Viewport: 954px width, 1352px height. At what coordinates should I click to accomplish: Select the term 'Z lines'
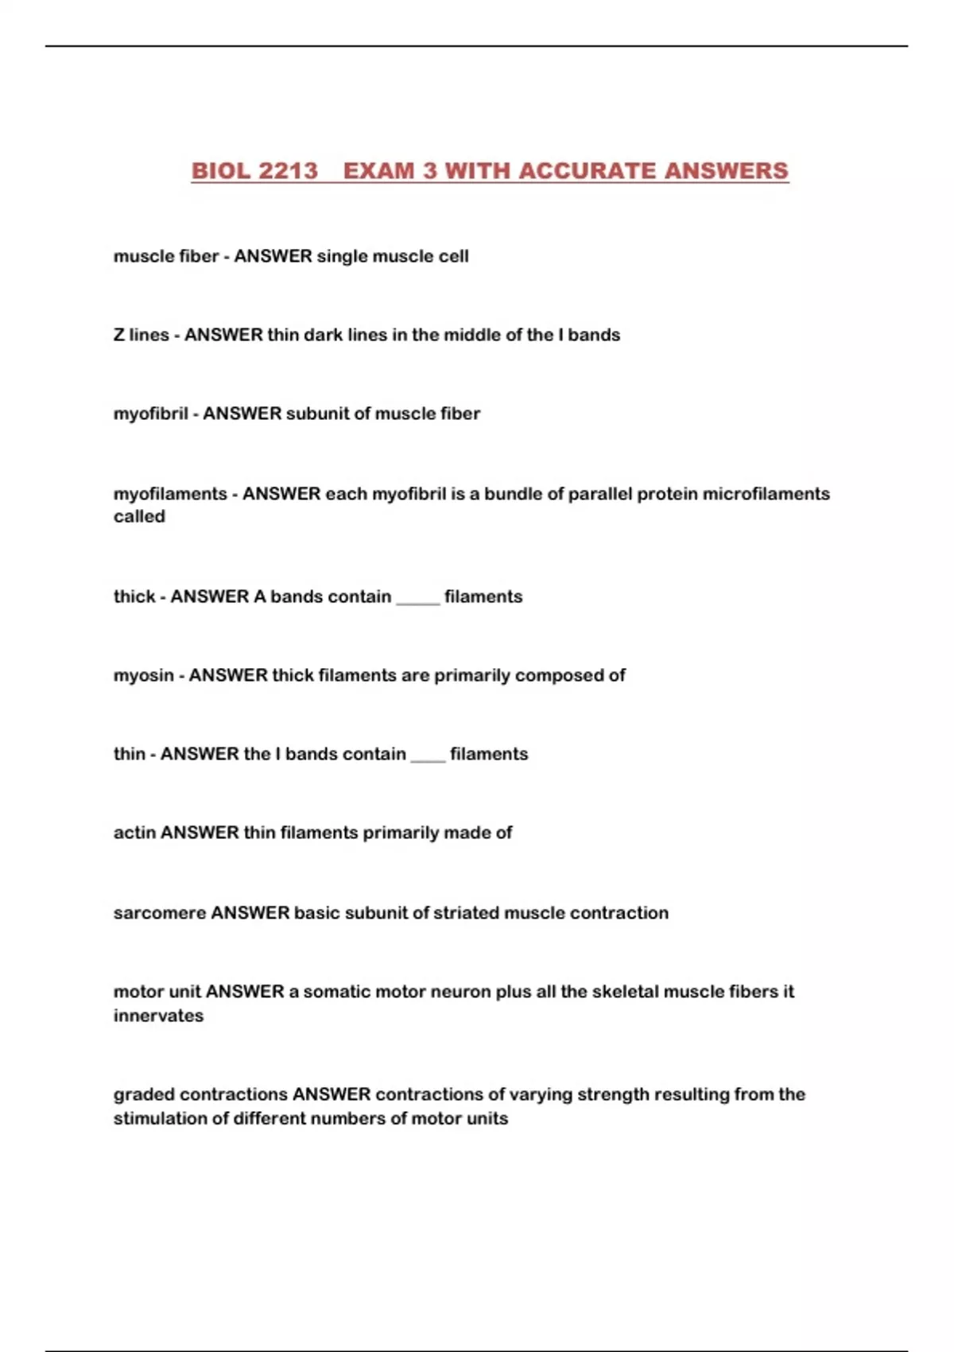(141, 335)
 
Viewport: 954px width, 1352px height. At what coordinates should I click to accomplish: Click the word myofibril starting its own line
(150, 414)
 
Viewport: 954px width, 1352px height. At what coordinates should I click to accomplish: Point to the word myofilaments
(170, 494)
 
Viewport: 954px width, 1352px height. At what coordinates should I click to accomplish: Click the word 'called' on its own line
(139, 516)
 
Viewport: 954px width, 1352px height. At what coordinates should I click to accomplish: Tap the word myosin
(143, 675)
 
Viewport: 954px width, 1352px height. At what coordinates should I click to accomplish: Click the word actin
(134, 833)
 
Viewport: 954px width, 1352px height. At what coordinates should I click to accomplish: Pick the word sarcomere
(159, 913)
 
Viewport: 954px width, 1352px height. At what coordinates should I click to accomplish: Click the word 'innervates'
(158, 1016)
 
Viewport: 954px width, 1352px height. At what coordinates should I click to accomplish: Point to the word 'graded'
(141, 1095)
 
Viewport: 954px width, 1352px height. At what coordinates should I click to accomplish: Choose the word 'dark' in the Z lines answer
(323, 335)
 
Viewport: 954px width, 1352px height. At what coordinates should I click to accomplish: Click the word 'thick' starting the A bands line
(134, 596)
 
